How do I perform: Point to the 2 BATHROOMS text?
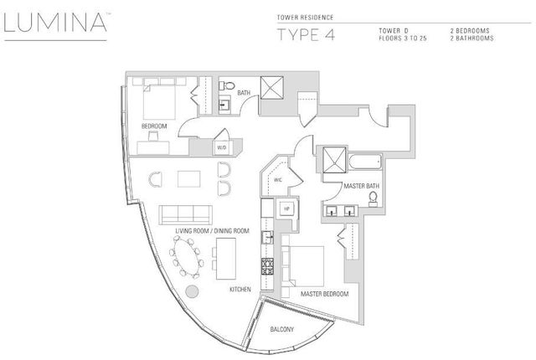[475, 39]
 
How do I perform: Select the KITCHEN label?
[241, 289]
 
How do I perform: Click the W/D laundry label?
[222, 147]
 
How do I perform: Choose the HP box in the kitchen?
[285, 208]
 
